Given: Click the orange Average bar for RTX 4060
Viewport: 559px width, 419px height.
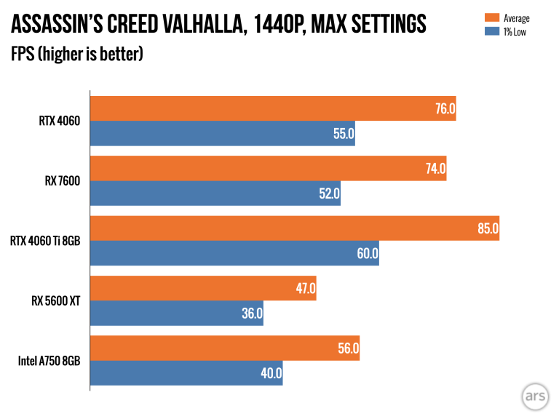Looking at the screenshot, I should (272, 108).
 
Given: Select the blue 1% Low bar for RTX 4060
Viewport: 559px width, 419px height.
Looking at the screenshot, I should (222, 134).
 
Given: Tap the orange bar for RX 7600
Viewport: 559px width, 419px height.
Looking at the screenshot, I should (268, 169).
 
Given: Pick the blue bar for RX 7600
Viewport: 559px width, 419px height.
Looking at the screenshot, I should (215, 194).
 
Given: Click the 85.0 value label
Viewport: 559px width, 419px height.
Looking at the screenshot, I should (487, 228).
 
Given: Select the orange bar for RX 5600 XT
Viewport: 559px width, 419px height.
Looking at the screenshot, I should (202, 289).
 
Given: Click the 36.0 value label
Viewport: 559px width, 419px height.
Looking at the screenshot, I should (251, 314).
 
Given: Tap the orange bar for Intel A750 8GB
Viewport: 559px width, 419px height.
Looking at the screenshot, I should (224, 349).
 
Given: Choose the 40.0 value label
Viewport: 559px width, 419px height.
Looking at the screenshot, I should (270, 374).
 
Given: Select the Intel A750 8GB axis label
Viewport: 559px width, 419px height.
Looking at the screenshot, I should (49, 362).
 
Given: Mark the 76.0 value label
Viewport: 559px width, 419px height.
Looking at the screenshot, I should (444, 108).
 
